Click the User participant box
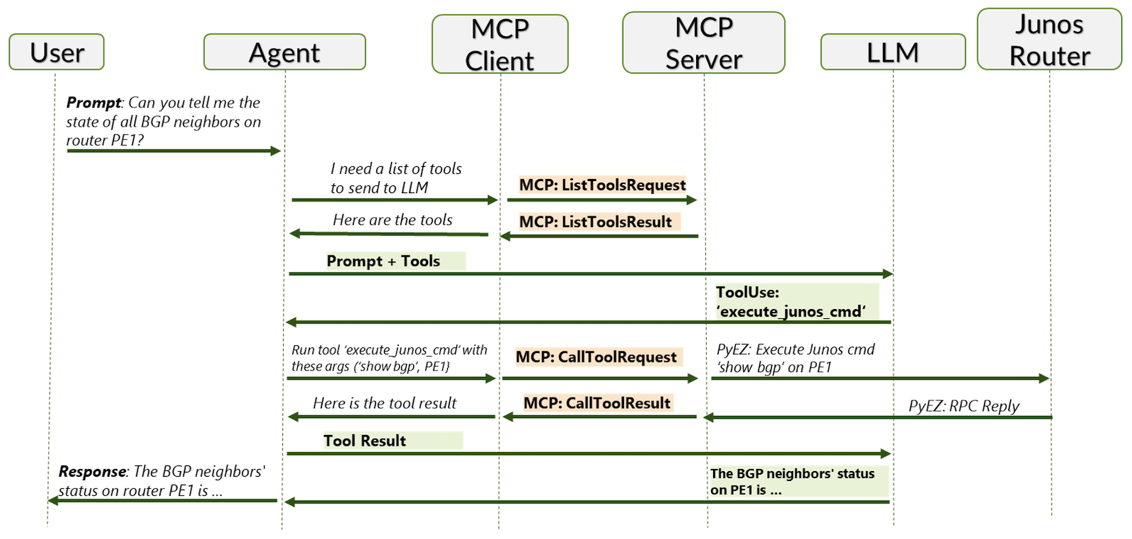tap(57, 52)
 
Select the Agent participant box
tap(284, 52)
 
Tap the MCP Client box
tap(499, 45)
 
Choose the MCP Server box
tap(703, 43)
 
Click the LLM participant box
tap(892, 52)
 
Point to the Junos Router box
tap(1049, 40)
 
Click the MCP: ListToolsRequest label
tap(602, 185)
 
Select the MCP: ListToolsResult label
tap(595, 222)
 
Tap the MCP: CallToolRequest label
tap(596, 357)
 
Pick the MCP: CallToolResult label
tap(596, 403)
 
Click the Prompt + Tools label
tap(383, 261)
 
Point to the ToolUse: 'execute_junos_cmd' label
tap(790, 302)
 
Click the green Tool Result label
tap(364, 441)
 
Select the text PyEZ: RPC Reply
tap(964, 406)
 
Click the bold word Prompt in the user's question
tap(93, 103)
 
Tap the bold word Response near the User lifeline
tap(92, 471)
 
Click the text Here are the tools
tap(393, 220)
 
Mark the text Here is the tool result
tap(385, 403)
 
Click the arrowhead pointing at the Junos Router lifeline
tap(1044, 378)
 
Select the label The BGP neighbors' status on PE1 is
tap(792, 482)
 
